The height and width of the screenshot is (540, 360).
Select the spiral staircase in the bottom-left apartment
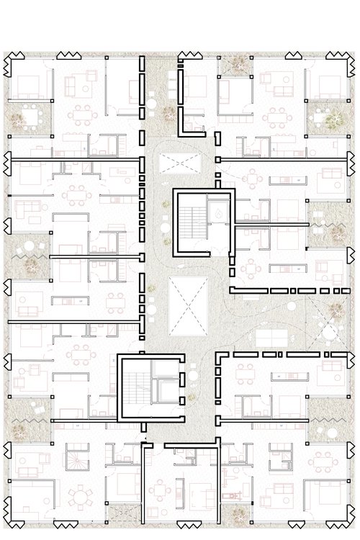click(75, 456)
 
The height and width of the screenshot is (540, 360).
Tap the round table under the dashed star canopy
click(30, 248)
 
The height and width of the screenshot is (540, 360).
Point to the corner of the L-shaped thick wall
click(179, 132)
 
